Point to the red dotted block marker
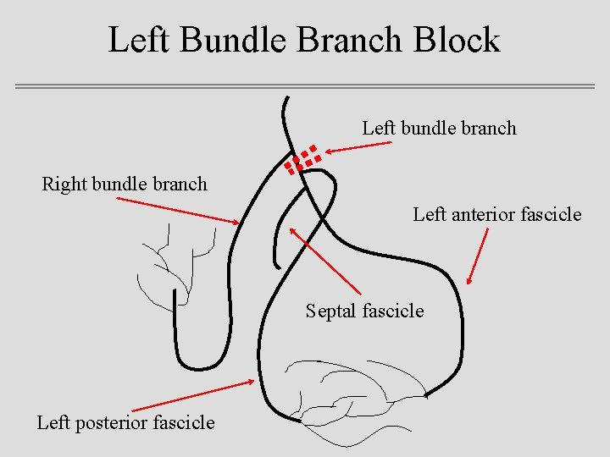pyautogui.click(x=302, y=159)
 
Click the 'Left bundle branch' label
pyautogui.click(x=439, y=129)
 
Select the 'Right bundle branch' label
pyautogui.click(x=125, y=184)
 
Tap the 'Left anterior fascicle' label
pyautogui.click(x=497, y=214)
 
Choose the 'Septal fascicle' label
pyautogui.click(x=364, y=311)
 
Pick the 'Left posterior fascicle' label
pyautogui.click(x=125, y=422)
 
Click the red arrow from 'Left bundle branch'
pyautogui.click(x=358, y=147)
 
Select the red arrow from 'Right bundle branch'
pyautogui.click(x=178, y=211)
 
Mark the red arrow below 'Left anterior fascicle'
pyautogui.click(x=479, y=256)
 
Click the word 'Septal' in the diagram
pyautogui.click(x=331, y=311)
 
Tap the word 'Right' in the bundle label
pyautogui.click(x=62, y=184)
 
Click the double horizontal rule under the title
pyautogui.click(x=305, y=86)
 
